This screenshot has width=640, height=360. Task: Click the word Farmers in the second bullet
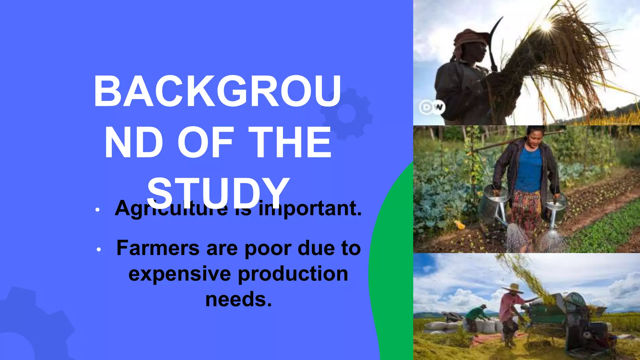(158, 248)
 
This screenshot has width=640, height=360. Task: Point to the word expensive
(180, 274)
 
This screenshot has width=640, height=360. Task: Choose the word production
(293, 274)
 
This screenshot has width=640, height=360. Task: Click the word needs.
(238, 299)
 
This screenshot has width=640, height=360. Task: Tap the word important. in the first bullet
(310, 208)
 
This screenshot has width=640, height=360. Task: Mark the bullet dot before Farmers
(99, 250)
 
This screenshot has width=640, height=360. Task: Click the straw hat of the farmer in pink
(512, 288)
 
